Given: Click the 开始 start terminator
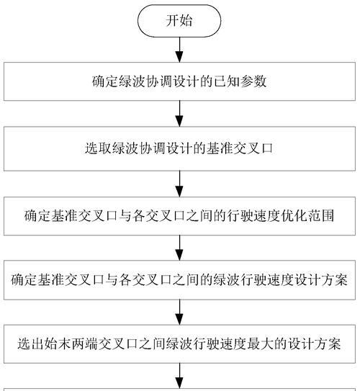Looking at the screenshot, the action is pyautogui.click(x=179, y=21).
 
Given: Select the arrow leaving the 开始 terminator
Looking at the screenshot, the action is pyautogui.click(x=179, y=50).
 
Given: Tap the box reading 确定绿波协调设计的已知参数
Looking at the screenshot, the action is pyautogui.click(x=179, y=81).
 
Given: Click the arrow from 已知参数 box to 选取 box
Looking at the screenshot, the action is pyautogui.click(x=179, y=114).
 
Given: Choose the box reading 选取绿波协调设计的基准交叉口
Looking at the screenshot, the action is pyautogui.click(x=179, y=149).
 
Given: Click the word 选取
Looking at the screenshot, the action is pyautogui.click(x=99, y=148).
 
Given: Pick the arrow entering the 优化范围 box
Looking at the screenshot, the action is pyautogui.click(x=179, y=184).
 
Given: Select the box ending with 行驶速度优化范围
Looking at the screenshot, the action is pyautogui.click(x=179, y=216).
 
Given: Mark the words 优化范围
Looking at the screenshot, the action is pyautogui.click(x=307, y=216).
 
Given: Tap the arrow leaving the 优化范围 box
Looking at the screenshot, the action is pyautogui.click(x=179, y=248).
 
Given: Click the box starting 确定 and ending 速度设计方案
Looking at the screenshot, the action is pyautogui.click(x=179, y=280).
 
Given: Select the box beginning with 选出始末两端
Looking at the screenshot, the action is pyautogui.click(x=179, y=344).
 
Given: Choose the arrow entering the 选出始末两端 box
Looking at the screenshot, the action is pyautogui.click(x=179, y=313).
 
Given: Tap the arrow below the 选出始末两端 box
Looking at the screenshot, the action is pyautogui.click(x=179, y=376).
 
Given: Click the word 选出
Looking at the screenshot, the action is pyautogui.click(x=31, y=344).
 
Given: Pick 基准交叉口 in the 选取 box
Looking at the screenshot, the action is pyautogui.click(x=240, y=148).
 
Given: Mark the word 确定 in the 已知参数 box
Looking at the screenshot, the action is pyautogui.click(x=105, y=81).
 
